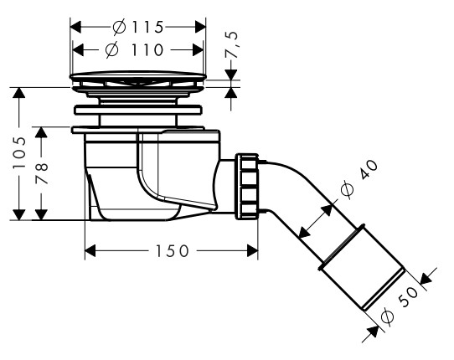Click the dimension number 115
pyautogui.click(x=148, y=27)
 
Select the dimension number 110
pyautogui.click(x=147, y=49)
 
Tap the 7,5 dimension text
pyautogui.click(x=232, y=44)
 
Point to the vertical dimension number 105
pyautogui.click(x=19, y=152)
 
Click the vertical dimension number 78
pyautogui.click(x=41, y=173)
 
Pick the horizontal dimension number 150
pyautogui.click(x=173, y=251)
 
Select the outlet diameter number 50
pyautogui.click(x=408, y=297)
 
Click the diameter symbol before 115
pyautogui.click(x=119, y=27)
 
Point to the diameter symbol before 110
pyautogui.click(x=111, y=49)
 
